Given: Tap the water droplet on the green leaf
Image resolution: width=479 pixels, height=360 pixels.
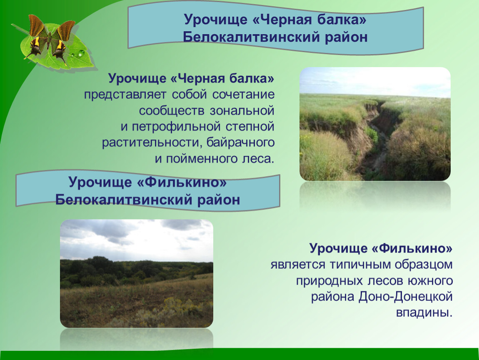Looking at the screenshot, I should pyautogui.click(x=80, y=53).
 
